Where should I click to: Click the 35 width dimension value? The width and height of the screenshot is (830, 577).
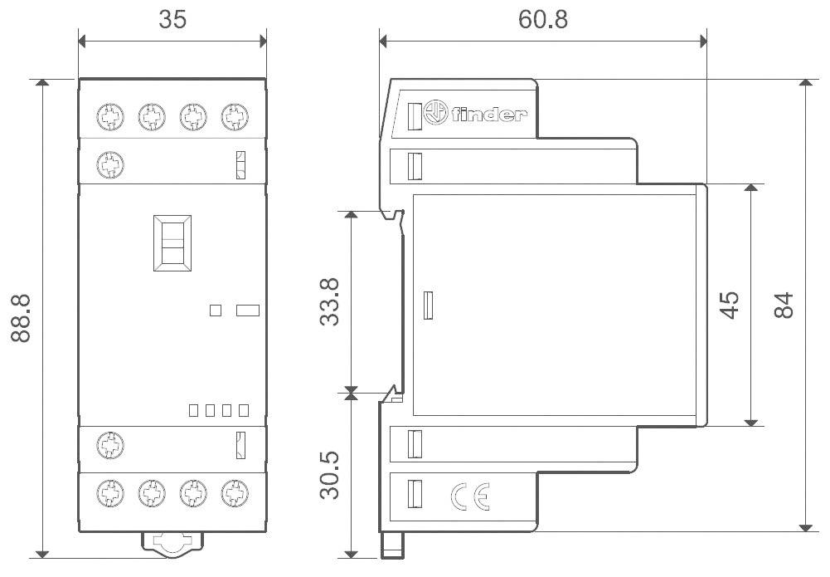coord(172,21)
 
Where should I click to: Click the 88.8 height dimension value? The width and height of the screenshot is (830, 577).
coord(22,318)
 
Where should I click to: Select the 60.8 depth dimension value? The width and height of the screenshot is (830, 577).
coord(543,19)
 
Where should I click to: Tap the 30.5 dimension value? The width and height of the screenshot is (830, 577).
coord(329,474)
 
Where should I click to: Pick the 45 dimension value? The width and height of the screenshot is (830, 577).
coord(729,305)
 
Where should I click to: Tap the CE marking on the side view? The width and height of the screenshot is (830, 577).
coord(470,496)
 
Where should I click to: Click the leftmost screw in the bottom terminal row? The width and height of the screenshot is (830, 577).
coord(107,495)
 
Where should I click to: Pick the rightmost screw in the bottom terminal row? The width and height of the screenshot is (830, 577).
coord(235,495)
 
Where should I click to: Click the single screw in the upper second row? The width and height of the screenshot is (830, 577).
coord(107,163)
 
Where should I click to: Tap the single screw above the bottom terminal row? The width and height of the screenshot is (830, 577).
coord(107,446)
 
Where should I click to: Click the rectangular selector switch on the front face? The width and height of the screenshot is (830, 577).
coord(172,243)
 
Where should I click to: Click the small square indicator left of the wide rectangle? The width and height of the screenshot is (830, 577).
coord(216,311)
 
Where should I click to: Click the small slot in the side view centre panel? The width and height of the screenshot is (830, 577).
coord(429,306)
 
